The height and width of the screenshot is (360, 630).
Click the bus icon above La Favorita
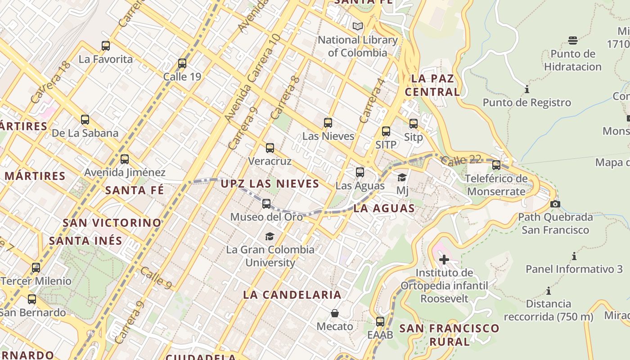106,45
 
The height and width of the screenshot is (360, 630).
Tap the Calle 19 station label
182,76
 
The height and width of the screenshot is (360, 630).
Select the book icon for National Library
358,27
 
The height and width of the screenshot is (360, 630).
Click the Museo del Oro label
266,217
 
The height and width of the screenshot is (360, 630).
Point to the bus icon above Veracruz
270,148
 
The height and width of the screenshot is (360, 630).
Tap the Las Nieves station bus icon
328,122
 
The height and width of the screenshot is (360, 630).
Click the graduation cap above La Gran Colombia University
270,236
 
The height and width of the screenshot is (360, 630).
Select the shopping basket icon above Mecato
335,313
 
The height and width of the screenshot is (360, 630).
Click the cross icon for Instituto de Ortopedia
444,259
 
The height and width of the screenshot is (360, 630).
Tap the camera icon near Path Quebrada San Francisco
555,204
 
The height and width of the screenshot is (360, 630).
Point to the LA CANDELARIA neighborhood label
292,295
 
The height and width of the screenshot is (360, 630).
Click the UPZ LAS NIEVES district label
270,184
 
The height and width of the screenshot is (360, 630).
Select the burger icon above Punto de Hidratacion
572,40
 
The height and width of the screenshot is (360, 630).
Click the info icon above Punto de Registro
527,89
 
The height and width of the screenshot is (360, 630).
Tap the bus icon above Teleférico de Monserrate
496,165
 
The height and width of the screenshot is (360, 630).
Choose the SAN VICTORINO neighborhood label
112,223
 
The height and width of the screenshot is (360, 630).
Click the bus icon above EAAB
380,321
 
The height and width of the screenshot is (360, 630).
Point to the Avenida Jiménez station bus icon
125,159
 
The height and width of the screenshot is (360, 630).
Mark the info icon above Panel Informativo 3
574,256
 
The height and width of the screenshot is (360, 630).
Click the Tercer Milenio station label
36,281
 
